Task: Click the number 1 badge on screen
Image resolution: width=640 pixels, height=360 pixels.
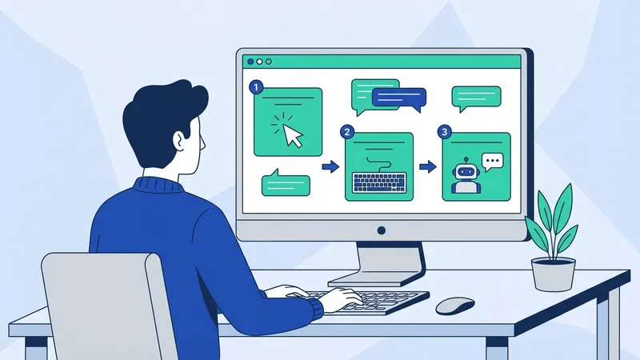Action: (256, 86)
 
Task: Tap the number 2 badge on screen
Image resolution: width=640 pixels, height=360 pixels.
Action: (346, 131)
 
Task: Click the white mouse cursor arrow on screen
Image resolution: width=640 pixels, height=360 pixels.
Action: (293, 135)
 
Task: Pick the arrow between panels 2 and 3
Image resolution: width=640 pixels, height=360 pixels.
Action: (428, 166)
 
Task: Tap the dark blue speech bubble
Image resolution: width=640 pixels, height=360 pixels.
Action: (398, 98)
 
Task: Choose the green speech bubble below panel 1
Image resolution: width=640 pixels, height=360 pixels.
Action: (286, 183)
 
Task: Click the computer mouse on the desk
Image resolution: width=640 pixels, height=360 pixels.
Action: (454, 305)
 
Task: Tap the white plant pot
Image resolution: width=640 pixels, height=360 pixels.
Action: (554, 274)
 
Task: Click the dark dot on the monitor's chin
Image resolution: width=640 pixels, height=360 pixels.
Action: (381, 230)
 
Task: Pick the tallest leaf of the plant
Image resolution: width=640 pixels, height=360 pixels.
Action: (564, 204)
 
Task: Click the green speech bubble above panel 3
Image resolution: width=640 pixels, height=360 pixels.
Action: (476, 98)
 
